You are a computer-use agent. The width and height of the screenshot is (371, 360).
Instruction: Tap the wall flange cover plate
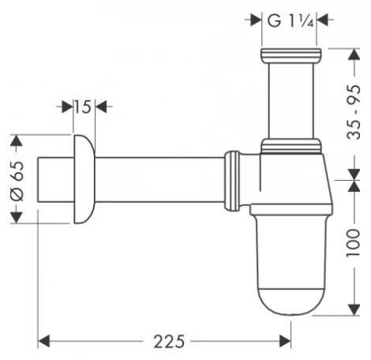click(x=82, y=179)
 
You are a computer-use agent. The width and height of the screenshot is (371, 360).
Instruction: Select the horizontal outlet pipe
click(x=158, y=180)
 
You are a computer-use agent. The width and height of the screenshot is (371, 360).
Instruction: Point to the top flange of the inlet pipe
click(x=291, y=56)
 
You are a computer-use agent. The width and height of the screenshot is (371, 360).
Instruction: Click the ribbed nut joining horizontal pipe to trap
click(x=233, y=180)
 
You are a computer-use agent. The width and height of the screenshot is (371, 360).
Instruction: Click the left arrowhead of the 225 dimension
click(x=43, y=341)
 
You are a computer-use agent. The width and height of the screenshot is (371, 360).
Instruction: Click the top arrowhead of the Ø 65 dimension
click(x=13, y=141)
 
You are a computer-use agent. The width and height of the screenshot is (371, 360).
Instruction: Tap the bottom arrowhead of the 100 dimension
click(x=352, y=310)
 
